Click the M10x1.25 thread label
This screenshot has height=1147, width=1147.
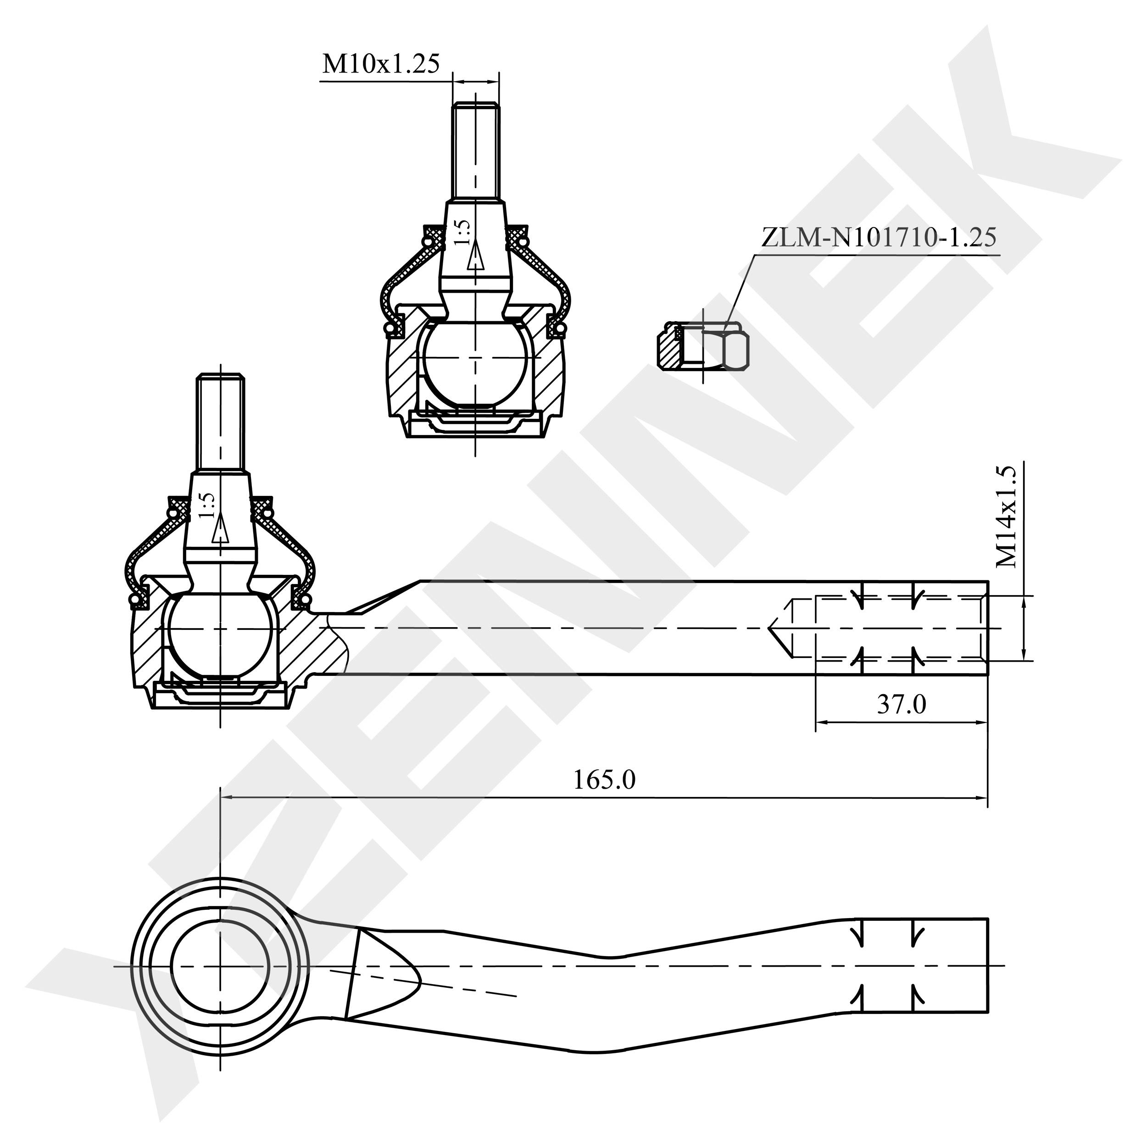(380, 63)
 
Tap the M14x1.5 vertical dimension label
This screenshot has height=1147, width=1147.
(1006, 517)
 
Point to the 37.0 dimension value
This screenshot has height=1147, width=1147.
(901, 704)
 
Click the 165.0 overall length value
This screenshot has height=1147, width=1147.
(604, 780)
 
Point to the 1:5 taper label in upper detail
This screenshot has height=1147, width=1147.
(462, 232)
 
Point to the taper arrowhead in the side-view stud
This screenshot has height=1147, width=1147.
(220, 528)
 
